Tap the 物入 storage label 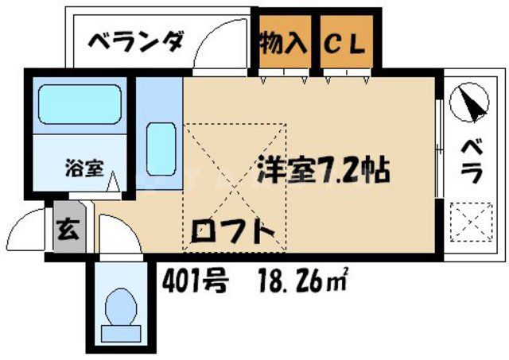pyautogui.click(x=282, y=41)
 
